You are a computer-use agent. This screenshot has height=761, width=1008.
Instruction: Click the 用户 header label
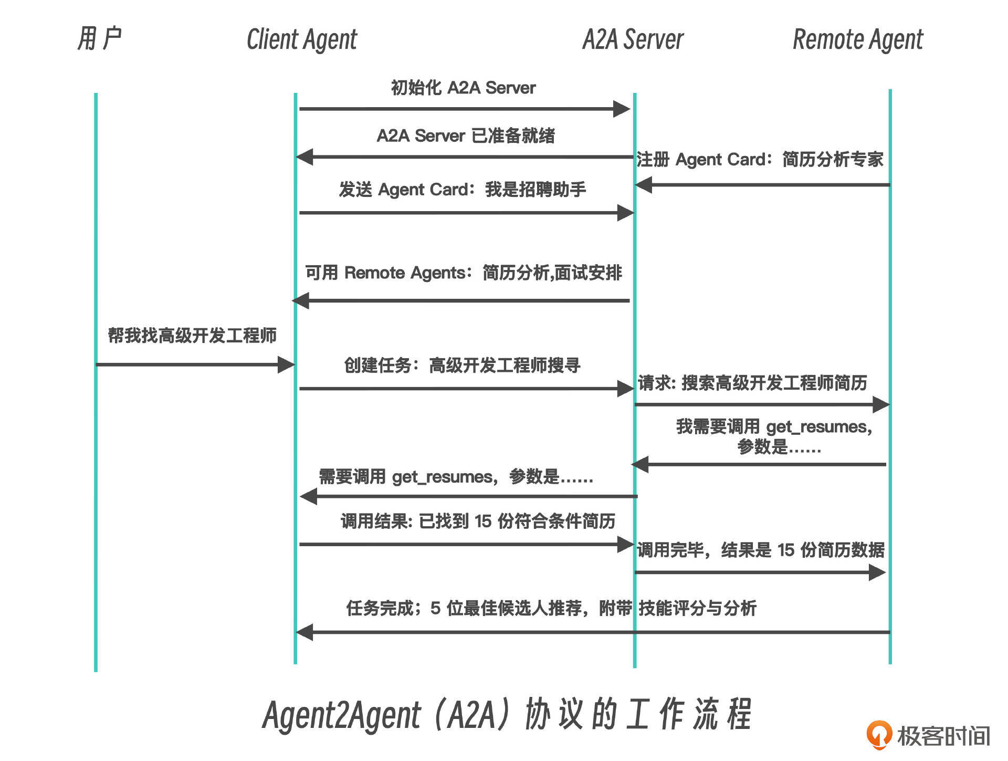tap(99, 39)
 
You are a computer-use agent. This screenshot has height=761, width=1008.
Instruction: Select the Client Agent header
tap(302, 40)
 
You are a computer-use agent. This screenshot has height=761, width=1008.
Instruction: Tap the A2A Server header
tap(633, 40)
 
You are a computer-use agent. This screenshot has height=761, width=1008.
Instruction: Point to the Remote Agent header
tap(858, 40)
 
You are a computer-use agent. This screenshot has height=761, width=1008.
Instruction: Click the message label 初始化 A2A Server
tap(463, 88)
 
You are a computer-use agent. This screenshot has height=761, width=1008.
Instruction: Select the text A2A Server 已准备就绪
tap(466, 136)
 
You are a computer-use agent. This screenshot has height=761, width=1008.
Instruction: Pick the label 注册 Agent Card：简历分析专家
tap(760, 159)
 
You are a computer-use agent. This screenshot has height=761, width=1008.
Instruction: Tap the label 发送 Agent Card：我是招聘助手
tap(462, 190)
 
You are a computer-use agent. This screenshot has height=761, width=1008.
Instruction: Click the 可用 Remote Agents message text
tap(464, 273)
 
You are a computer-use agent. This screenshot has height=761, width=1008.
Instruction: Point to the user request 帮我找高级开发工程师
tap(192, 336)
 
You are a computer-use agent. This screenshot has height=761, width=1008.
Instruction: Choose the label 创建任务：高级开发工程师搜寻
tap(462, 366)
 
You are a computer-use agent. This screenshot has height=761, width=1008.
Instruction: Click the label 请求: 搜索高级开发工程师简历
tap(752, 383)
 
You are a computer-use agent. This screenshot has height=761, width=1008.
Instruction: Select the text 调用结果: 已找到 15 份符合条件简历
tap(478, 522)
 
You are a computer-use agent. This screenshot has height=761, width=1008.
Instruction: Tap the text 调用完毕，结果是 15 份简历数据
tap(761, 550)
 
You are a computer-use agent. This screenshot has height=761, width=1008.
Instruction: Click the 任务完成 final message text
tap(551, 609)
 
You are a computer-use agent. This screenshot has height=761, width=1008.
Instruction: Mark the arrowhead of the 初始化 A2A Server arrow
tap(622, 109)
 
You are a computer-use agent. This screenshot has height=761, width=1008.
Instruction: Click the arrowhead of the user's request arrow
tap(286, 364)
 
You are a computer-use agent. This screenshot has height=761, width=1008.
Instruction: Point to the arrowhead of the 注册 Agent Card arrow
tap(644, 185)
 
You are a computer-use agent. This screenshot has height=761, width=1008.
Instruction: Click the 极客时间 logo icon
tap(878, 734)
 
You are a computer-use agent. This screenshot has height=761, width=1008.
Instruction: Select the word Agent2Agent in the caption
tap(342, 715)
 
